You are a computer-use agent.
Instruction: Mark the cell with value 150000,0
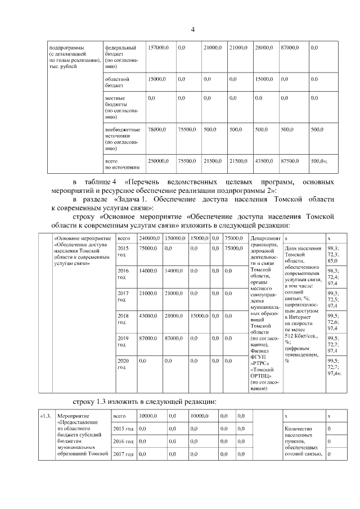[176, 238]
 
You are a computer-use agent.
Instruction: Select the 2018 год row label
[122, 319]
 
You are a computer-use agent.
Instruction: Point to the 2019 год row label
[122, 341]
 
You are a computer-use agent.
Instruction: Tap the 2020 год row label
[122, 363]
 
